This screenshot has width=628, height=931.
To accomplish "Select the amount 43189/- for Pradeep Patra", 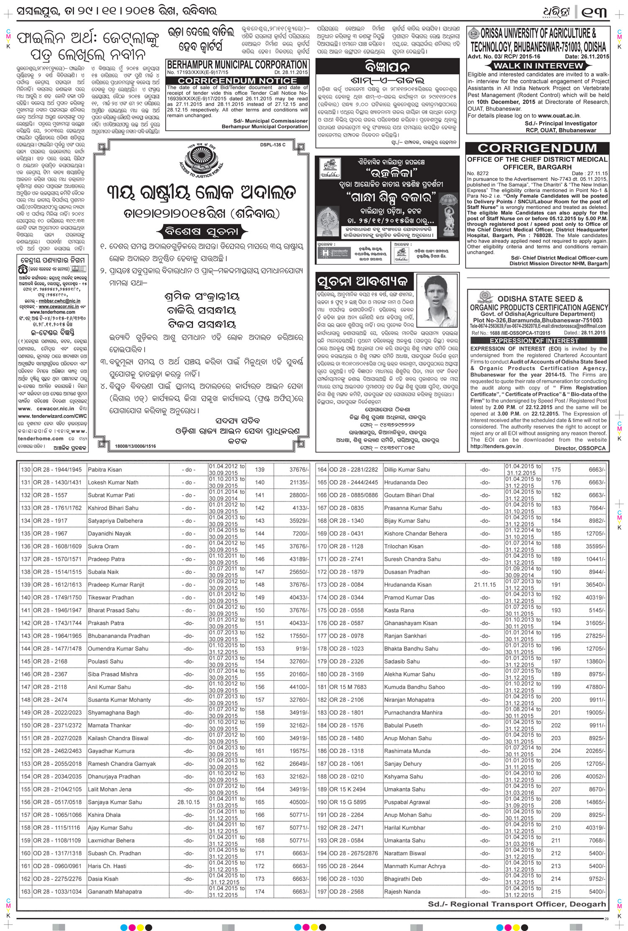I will coord(299,559).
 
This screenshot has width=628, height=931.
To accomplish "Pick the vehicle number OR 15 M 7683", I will coord(347,687).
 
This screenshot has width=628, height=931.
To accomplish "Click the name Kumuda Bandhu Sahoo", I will coord(414,687).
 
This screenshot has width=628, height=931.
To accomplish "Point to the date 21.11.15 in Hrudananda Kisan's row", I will coord(485,584).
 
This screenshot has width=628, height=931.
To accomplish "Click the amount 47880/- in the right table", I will coord(595,687).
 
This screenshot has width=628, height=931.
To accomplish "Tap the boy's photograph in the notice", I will coord(437,301).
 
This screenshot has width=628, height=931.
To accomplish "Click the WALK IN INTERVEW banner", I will coord(538,65).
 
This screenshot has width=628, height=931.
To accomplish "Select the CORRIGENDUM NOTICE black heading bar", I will coord(237,80).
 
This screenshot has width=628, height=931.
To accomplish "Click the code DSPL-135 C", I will coord(273,145).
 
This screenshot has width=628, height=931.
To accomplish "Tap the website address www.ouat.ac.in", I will coord(559,115).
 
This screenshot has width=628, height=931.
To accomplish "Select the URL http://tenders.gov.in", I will coord(496,446).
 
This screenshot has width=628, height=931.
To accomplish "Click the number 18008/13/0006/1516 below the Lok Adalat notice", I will coord(135,446).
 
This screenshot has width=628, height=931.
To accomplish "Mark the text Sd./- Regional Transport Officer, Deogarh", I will coord(517,904).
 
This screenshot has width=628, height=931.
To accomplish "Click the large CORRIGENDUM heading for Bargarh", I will coord(537,148).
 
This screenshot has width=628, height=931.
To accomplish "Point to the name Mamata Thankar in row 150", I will coord(109,725).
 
